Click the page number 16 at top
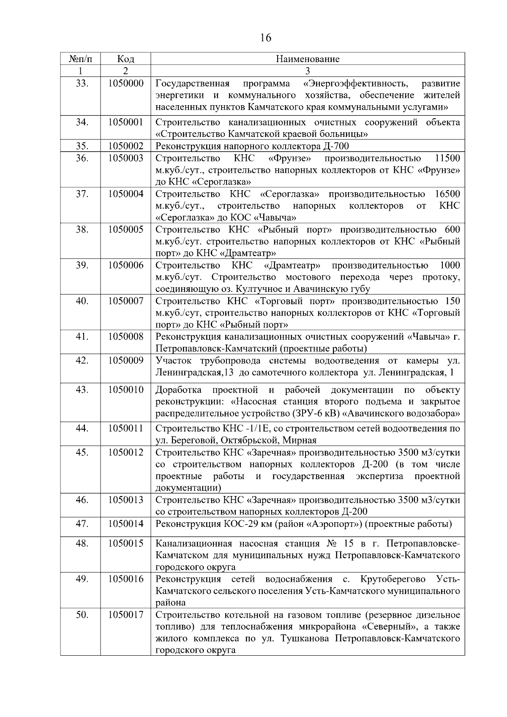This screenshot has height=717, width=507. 266,38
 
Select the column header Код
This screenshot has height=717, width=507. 125,59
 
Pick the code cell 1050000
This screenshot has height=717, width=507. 125,83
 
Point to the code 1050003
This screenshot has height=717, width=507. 125,158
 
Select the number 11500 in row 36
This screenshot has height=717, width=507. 447,158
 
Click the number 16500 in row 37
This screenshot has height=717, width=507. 447,194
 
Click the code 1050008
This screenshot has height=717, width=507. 125,337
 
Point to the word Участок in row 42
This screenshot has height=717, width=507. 174,361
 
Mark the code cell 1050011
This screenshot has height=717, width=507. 125,428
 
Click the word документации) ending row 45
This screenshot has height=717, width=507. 188,488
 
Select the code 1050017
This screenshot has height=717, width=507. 125,614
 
